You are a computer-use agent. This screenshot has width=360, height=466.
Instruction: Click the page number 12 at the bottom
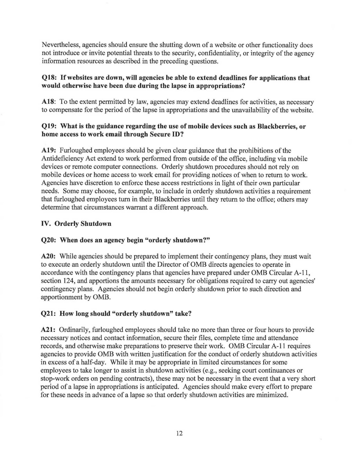(x=180, y=434)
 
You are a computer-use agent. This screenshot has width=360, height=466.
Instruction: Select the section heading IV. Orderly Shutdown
(x=76, y=224)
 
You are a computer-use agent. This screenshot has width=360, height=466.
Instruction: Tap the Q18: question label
(x=49, y=78)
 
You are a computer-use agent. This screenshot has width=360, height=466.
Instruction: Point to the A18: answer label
(x=49, y=102)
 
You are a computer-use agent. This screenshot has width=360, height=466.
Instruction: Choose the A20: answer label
(x=49, y=256)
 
